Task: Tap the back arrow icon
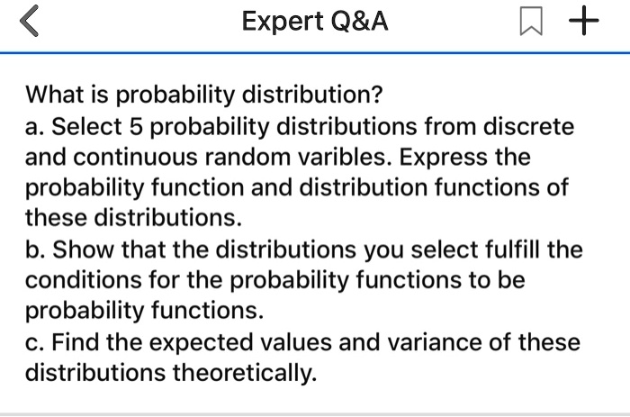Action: point(29,21)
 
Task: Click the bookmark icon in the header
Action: point(531,21)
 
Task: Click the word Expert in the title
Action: point(283,22)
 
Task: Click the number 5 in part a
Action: point(136,126)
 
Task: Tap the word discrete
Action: point(528,126)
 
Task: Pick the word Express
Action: point(443,158)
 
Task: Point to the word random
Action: point(247,157)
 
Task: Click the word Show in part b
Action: point(83,249)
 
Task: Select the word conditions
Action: point(83,280)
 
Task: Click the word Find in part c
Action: point(76,342)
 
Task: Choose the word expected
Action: point(201,343)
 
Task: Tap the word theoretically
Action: point(245,373)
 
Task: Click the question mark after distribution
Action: point(376,94)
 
